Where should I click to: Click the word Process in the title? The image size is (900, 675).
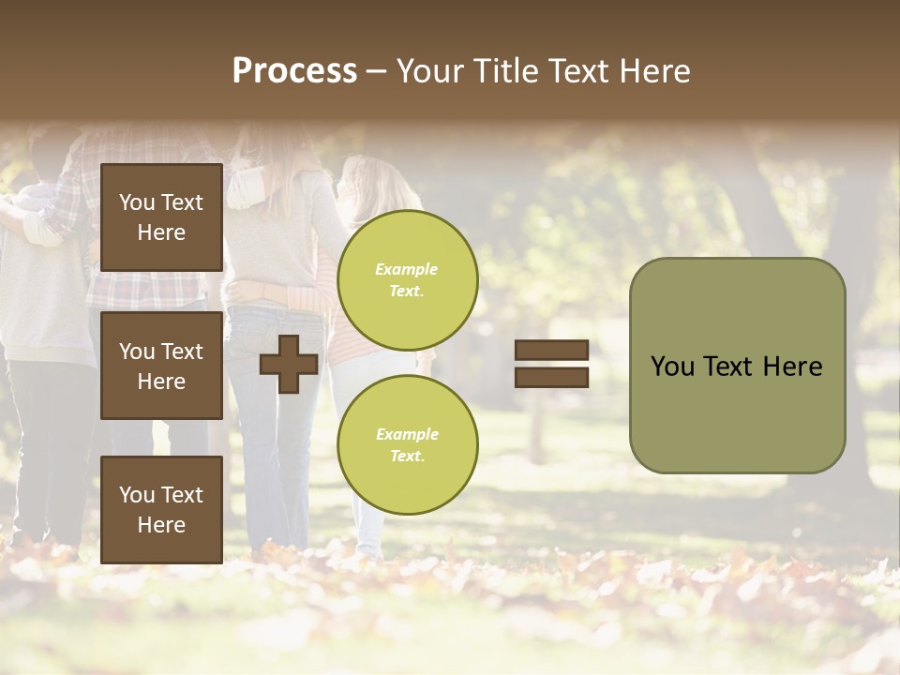294,71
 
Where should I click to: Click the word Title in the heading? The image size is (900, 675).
506,71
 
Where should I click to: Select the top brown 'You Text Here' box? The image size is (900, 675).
161,217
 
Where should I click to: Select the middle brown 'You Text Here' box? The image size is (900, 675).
161,366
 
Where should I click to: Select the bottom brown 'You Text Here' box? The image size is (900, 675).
161,509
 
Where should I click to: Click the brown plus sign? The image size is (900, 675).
289,364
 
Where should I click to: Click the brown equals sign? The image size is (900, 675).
551,364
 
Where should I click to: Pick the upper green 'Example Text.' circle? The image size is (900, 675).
407,279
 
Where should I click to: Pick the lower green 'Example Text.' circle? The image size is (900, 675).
407,444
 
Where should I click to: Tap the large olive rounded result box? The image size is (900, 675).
737,366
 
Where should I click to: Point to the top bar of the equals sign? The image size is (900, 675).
551,351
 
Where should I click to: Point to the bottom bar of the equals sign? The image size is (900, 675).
551,377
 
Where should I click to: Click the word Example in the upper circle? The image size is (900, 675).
407,269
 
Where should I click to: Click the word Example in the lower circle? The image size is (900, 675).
407,434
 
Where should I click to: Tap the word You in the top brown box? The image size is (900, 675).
137,202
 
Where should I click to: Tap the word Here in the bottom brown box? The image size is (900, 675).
161,525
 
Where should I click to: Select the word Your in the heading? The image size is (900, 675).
430,71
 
